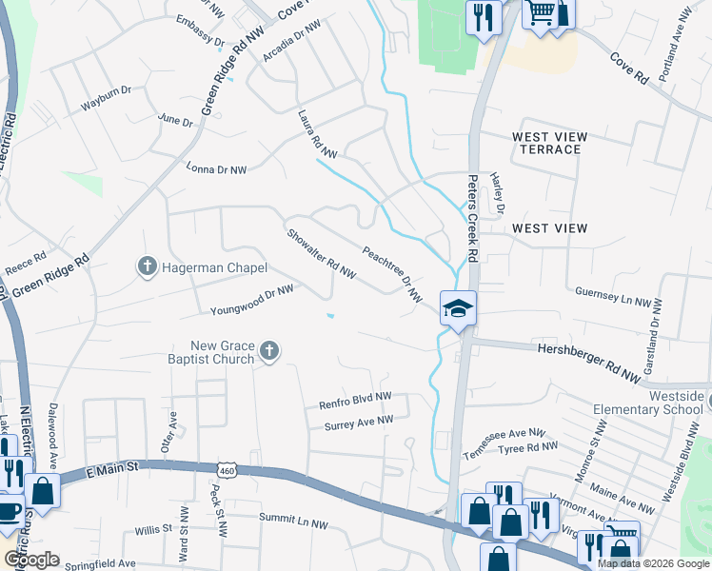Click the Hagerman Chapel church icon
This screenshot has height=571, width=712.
point(147,267)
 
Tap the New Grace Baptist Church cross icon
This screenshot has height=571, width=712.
point(269,352)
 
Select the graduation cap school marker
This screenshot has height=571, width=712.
point(457,307)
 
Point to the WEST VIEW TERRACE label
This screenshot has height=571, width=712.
point(546,143)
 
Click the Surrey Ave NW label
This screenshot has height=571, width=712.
point(358,420)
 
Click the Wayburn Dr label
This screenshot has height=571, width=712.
point(105,98)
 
